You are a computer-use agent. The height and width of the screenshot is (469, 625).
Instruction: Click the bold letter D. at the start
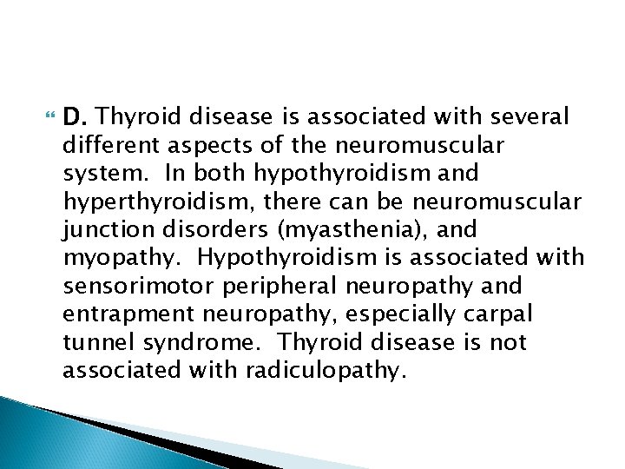click(x=74, y=116)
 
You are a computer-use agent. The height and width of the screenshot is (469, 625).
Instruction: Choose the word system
click(x=98, y=174)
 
